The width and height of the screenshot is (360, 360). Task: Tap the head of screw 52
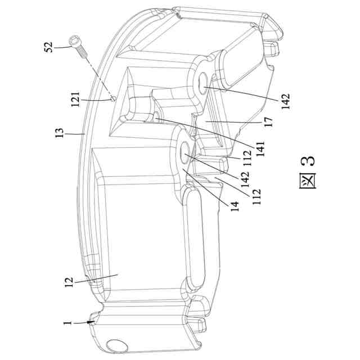(74, 40)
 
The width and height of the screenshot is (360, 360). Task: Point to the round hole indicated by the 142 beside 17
(204, 79)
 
